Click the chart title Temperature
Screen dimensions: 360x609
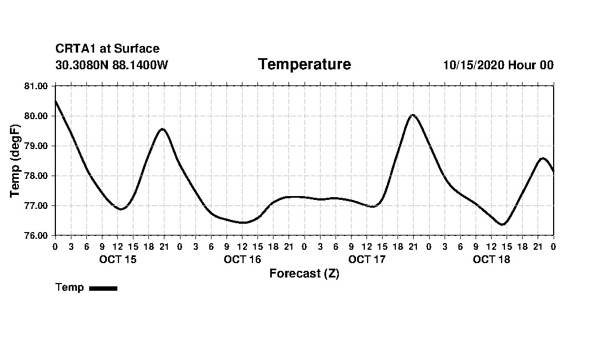pyautogui.click(x=304, y=64)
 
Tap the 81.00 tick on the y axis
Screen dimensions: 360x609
pyautogui.click(x=37, y=86)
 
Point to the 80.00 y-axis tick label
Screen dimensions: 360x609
pyautogui.click(x=37, y=116)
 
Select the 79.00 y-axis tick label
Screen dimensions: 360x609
pyautogui.click(x=37, y=146)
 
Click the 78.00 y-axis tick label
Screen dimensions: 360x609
pyautogui.click(x=37, y=176)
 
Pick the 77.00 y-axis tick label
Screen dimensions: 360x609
pyautogui.click(x=37, y=205)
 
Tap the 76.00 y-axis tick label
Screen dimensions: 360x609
pyautogui.click(x=37, y=235)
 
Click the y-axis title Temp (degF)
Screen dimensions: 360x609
pyautogui.click(x=15, y=161)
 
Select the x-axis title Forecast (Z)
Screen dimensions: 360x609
pyautogui.click(x=304, y=274)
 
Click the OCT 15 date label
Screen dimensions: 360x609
pyautogui.click(x=118, y=259)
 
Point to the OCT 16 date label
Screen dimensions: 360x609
pyautogui.click(x=242, y=259)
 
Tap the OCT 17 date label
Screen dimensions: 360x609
pyautogui.click(x=367, y=259)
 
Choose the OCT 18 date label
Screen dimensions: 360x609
pyautogui.click(x=492, y=259)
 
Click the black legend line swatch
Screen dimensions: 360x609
pyautogui.click(x=103, y=288)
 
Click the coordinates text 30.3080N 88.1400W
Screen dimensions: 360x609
pyautogui.click(x=111, y=65)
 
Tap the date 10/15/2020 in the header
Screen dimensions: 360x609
pyautogui.click(x=473, y=65)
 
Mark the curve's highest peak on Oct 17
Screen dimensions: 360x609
pyautogui.click(x=412, y=115)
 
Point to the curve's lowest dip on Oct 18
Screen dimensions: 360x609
pyautogui.click(x=503, y=224)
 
